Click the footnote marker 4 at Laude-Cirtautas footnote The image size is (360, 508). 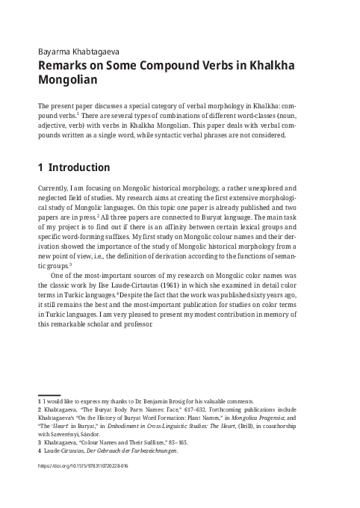pos(40,451)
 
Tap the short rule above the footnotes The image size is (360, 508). pos(49,394)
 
